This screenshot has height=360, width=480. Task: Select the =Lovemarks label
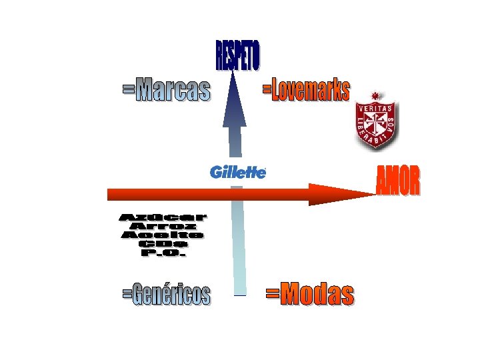click(305, 89)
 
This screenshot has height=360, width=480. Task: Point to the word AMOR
click(398, 181)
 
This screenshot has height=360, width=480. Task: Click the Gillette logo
click(238, 172)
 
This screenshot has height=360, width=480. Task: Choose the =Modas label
click(310, 293)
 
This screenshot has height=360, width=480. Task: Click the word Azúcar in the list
click(163, 217)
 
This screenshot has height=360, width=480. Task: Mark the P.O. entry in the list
click(163, 253)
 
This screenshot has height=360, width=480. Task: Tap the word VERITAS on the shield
click(375, 107)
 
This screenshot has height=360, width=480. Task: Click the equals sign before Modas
click(272, 293)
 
